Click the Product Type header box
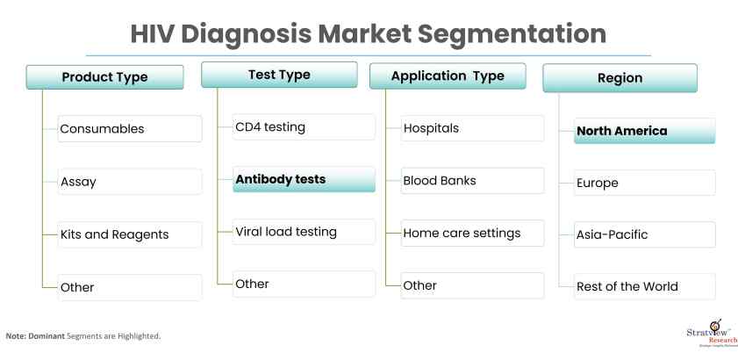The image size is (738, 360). (105, 77)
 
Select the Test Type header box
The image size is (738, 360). (279, 75)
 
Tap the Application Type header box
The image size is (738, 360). (448, 76)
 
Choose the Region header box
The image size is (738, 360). (620, 78)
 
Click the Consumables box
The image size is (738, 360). (130, 129)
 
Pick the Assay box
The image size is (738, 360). (130, 182)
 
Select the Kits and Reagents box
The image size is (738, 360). (130, 234)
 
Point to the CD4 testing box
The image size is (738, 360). (304, 126)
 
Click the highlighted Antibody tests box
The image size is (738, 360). (304, 179)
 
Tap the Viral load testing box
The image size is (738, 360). (304, 232)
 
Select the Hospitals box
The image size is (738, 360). (472, 128)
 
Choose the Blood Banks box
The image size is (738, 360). (472, 181)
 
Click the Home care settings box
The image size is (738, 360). (472, 234)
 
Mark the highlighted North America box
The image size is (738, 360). (645, 131)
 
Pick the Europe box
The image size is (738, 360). (645, 183)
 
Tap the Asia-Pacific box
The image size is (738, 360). (645, 234)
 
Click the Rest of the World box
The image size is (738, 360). (645, 286)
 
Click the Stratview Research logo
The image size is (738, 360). (712, 333)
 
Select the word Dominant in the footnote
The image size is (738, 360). (47, 336)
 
